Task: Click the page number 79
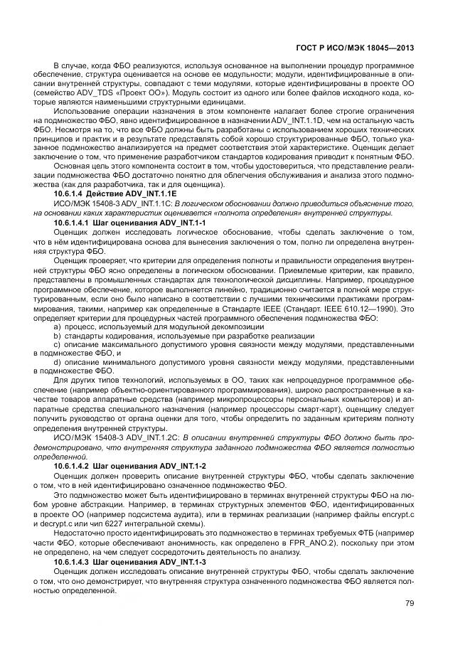[x=410, y=604]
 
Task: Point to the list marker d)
[x=57, y=362]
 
